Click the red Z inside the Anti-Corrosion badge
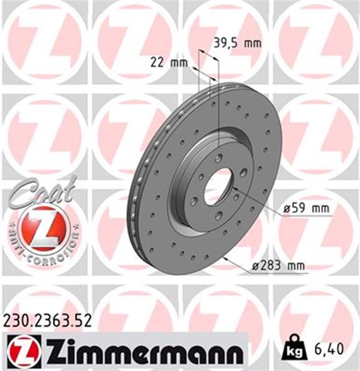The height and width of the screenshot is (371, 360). tap(42, 227)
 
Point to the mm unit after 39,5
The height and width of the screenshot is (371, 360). tap(252, 42)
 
